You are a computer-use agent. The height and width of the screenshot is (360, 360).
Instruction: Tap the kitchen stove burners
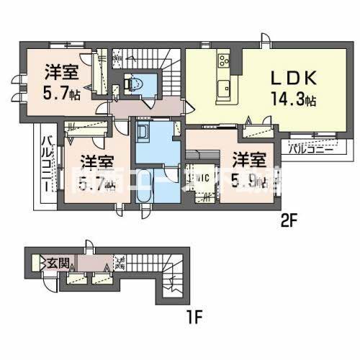tap(223, 60)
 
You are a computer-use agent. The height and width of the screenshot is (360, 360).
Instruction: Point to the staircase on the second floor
tap(170, 68)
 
